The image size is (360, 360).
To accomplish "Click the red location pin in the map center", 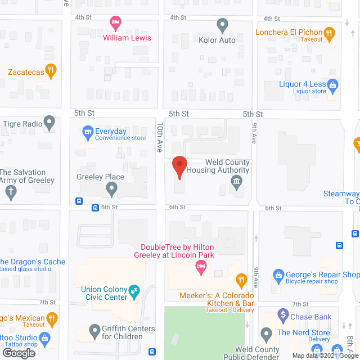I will tap(179, 166).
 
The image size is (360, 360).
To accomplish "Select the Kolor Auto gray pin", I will tap(222, 25).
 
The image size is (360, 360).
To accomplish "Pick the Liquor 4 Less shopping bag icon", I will tap(332, 86).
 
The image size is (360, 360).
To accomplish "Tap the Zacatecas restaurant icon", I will tap(51, 71).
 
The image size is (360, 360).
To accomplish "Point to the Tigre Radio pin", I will tap(49, 121).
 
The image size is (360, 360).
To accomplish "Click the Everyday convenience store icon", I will tap(88, 133).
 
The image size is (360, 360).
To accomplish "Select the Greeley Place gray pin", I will tap(112, 190).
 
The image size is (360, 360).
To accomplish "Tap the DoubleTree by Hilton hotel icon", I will tap(200, 270).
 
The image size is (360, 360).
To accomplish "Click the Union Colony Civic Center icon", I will tap(134, 291).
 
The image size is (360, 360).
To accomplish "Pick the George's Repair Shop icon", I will tap(278, 275).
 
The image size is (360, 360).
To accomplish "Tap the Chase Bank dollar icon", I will tap(283, 316).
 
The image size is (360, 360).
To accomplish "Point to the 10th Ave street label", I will tap(160, 138).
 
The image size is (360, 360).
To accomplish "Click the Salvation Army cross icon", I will tap(10, 191).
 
